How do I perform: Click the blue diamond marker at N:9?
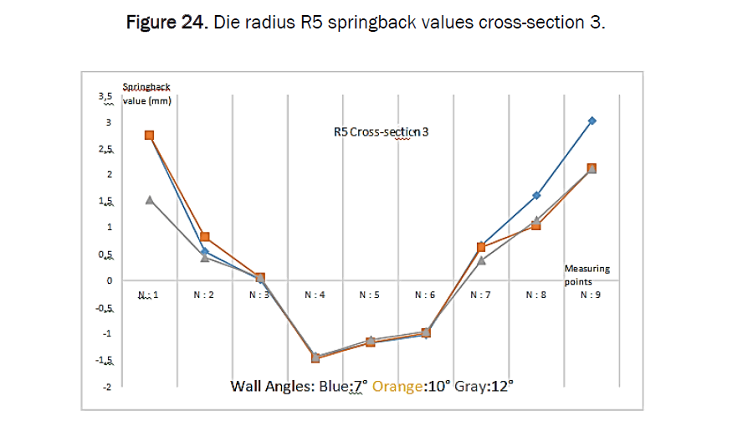point(592,121)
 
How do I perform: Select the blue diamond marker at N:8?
point(536,195)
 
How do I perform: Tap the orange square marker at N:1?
point(149,135)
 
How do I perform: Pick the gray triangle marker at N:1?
point(149,199)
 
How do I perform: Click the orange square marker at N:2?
point(205,237)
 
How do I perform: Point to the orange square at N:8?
point(536,225)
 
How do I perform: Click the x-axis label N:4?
point(315,295)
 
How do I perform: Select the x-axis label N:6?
point(426,295)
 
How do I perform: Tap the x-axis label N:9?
point(590,295)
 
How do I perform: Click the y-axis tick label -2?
point(106,388)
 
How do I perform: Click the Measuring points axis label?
point(587,275)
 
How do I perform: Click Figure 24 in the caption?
point(166,23)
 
